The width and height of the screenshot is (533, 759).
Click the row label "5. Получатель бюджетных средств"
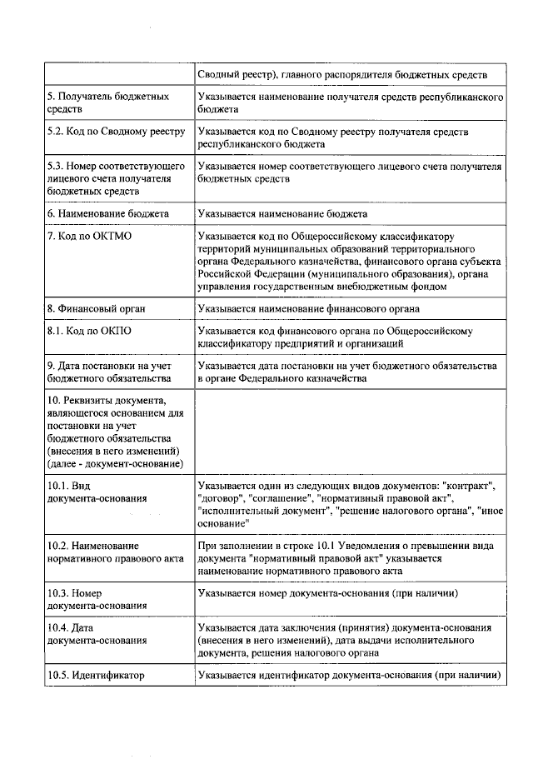tap(108, 103)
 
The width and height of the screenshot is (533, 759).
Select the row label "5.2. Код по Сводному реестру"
tap(115, 132)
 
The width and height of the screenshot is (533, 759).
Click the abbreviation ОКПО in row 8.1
tap(111, 331)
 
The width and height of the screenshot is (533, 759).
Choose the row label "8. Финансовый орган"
tap(97, 308)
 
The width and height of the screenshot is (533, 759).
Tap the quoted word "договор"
tap(220, 498)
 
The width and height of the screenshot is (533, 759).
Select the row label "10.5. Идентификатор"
tap(96, 674)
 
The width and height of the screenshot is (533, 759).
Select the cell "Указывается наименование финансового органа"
tap(308, 308)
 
